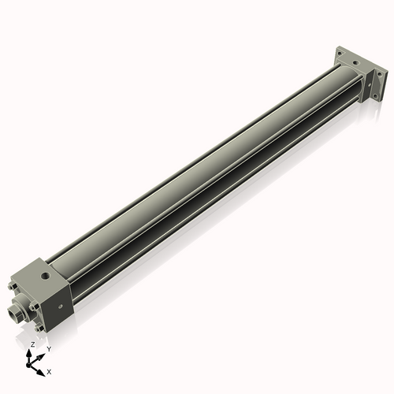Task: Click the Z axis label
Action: coord(32,345)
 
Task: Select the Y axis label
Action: coord(48,348)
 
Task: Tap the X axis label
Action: coord(49,370)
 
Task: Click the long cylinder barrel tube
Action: coord(197,173)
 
